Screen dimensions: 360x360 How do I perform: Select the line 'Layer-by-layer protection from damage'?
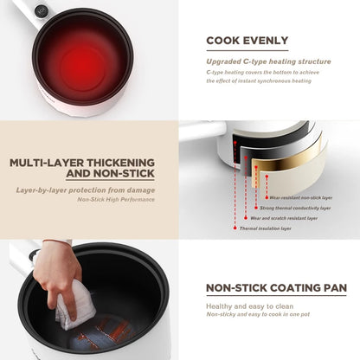tap(86, 189)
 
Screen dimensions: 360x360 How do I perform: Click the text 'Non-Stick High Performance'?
tap(116, 199)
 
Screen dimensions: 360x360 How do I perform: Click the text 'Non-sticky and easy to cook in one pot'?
tap(258, 316)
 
